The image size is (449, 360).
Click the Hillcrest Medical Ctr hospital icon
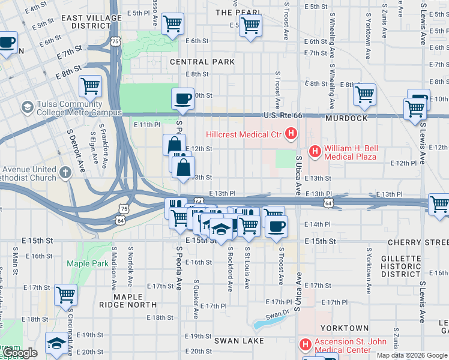pos(291,134)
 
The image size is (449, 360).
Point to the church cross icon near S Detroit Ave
pos(65,172)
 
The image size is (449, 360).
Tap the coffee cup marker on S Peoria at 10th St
pos(183,98)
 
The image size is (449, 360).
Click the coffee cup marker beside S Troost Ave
pos(276,226)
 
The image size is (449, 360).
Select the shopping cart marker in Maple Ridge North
pos(65,294)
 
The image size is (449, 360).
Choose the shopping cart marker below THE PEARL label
pos(250,25)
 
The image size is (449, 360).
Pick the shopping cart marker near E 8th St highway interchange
pos(91,85)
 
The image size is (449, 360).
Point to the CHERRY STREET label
pos(418,242)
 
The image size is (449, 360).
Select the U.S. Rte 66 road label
pos(282,116)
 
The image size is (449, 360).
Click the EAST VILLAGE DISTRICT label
pos(91,22)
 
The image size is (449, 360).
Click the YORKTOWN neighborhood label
pos(344,328)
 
